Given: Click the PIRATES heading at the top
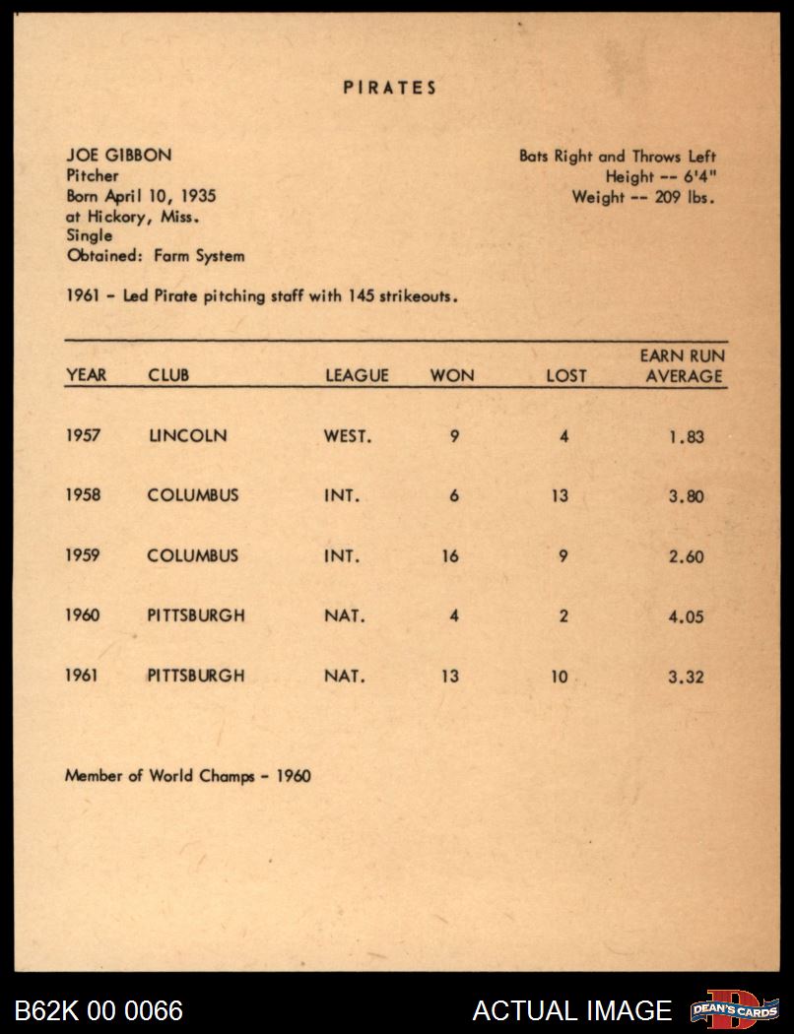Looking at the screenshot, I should [390, 88].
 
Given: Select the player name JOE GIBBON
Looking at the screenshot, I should [117, 156].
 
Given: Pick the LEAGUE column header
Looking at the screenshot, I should [357, 375].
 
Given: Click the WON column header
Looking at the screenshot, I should [452, 375].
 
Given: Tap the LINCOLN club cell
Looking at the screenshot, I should [187, 435].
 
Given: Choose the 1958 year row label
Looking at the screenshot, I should [83, 495].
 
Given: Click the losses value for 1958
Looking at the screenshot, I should [561, 495].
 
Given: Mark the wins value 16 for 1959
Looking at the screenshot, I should [450, 556].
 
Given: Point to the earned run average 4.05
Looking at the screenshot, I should [686, 617].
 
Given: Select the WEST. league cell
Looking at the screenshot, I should [348, 435].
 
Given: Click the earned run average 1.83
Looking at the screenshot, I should [686, 436].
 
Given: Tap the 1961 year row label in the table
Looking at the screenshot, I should [83, 677].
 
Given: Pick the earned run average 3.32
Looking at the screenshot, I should [686, 678].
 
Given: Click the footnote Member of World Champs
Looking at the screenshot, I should [187, 776].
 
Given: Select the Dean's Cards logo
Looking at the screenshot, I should [734, 1009].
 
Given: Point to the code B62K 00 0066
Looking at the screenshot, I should [99, 1010].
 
